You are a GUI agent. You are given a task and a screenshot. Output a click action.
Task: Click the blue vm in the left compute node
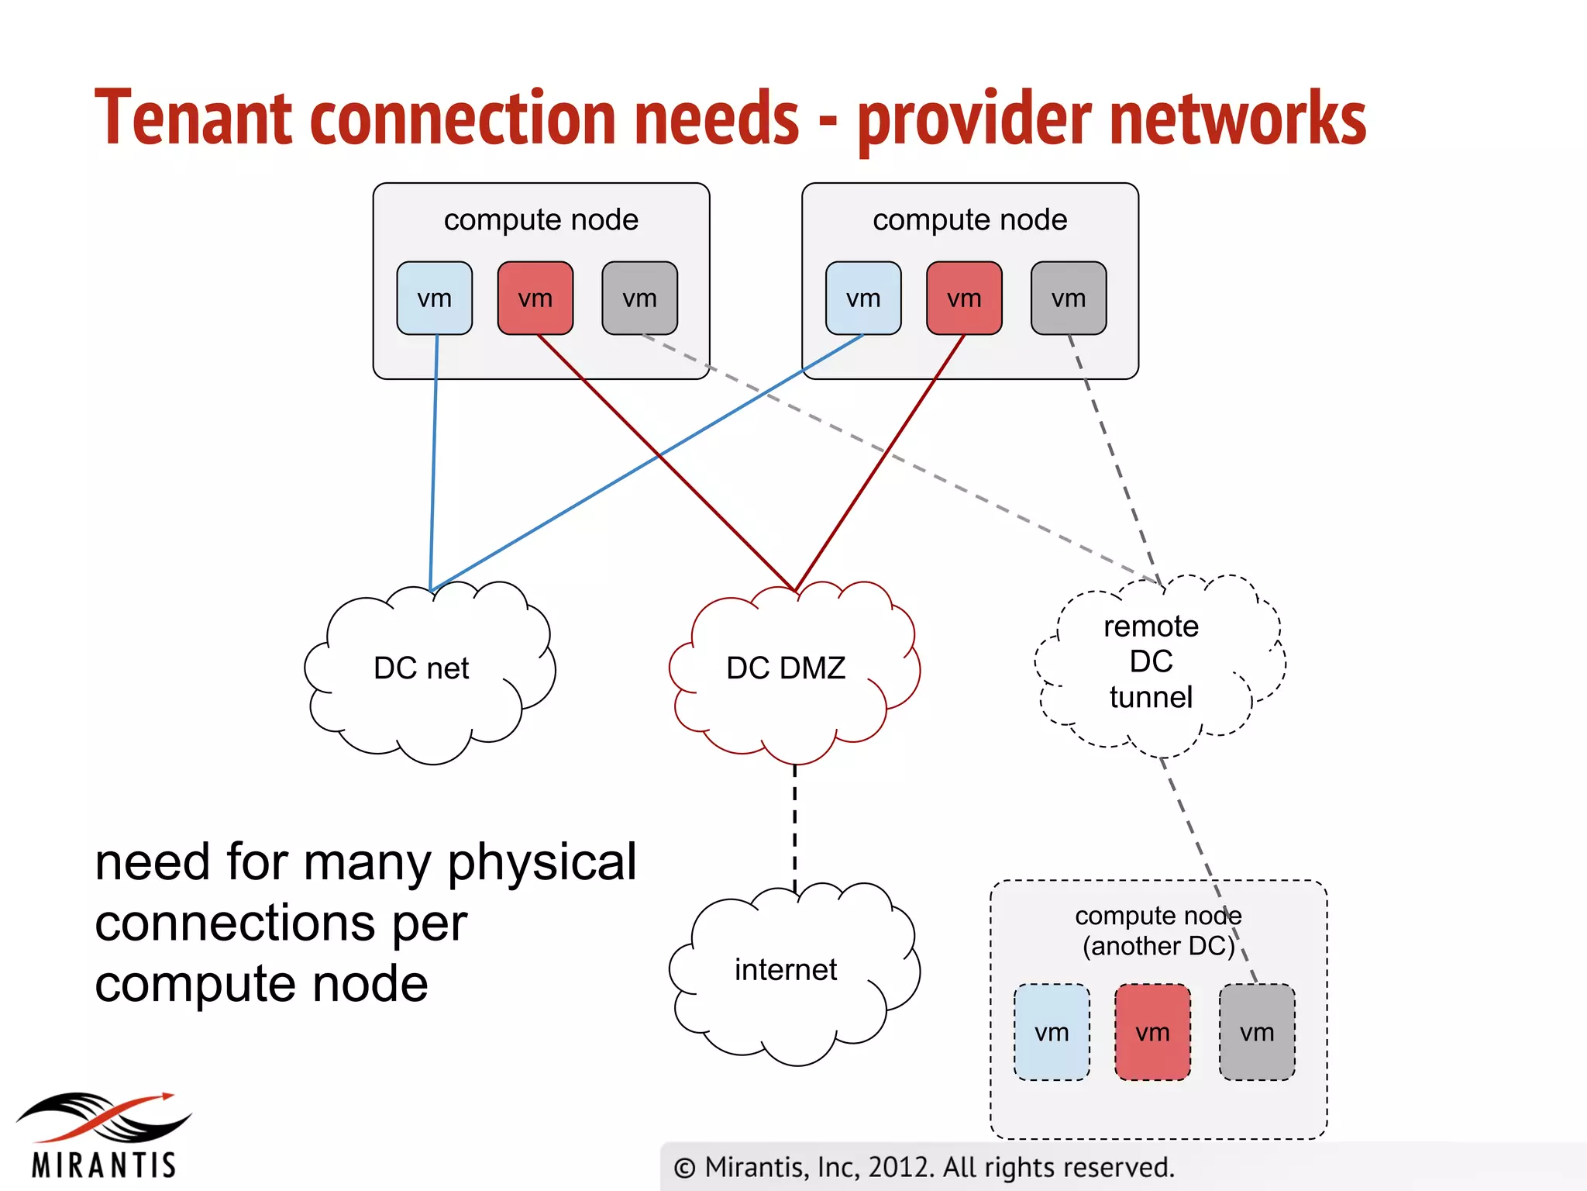tap(434, 299)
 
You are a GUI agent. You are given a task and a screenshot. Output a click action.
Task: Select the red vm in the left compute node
tap(535, 299)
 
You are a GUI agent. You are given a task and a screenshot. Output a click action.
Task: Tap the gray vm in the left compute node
tap(639, 299)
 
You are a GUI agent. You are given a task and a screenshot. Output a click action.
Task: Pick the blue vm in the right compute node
tap(863, 299)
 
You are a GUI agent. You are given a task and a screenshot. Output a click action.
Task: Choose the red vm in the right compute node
tap(964, 299)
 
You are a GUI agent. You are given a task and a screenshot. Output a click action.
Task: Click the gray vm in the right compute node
tap(1069, 299)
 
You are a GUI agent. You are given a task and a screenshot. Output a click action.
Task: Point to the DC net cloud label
tap(422, 668)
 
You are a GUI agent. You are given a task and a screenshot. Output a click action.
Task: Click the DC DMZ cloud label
tap(786, 668)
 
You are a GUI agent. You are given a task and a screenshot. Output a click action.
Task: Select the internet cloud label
tap(786, 970)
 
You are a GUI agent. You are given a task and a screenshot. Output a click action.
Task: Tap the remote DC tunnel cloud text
tap(1151, 661)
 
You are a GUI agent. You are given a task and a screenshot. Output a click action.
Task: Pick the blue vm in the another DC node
tap(1052, 1032)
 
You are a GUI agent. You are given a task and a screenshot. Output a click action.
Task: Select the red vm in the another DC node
tap(1152, 1032)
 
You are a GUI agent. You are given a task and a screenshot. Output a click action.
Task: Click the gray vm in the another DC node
tap(1257, 1032)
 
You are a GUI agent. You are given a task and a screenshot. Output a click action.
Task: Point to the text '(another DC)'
tap(1158, 947)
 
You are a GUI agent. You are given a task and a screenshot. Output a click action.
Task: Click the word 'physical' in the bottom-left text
tap(542, 862)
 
